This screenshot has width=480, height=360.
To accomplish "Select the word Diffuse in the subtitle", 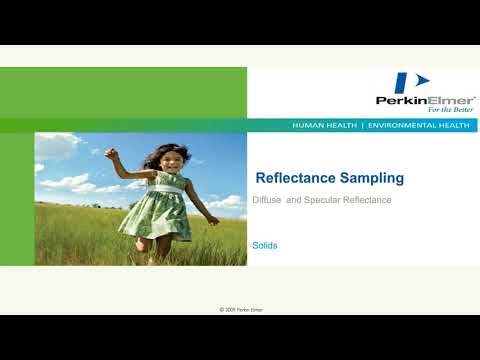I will click(268, 201).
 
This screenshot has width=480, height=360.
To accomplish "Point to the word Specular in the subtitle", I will click(320, 201).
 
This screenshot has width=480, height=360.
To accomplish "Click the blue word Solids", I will click(264, 245).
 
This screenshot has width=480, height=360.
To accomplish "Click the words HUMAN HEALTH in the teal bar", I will click(325, 126).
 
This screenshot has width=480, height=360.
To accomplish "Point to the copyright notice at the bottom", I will click(240, 310).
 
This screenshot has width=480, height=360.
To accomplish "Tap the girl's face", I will click(169, 161).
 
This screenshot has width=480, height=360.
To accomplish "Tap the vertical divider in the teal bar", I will click(362, 126).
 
